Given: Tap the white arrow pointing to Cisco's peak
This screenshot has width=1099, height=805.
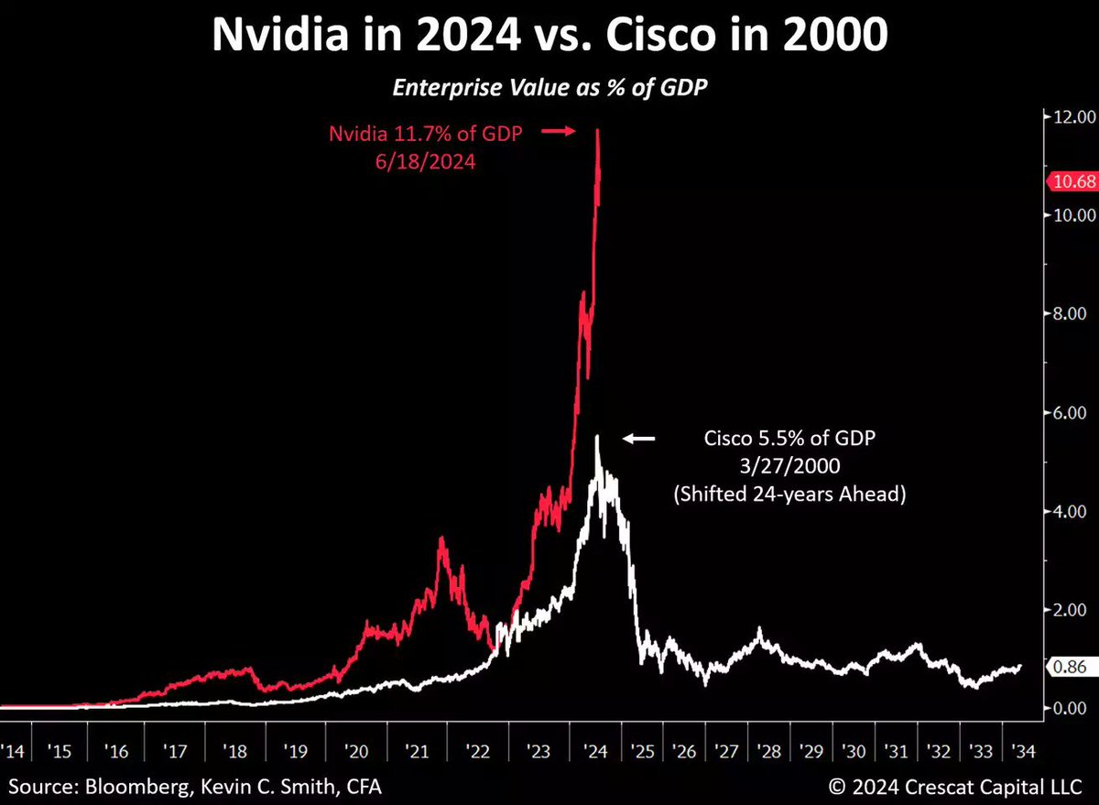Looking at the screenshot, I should [639, 440].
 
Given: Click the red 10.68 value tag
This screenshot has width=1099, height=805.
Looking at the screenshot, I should [1071, 181].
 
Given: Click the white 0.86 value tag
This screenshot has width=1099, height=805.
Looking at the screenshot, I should [1071, 669].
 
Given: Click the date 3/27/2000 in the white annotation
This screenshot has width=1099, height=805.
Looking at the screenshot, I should [789, 466].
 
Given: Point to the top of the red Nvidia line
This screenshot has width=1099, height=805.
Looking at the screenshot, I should [598, 131].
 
